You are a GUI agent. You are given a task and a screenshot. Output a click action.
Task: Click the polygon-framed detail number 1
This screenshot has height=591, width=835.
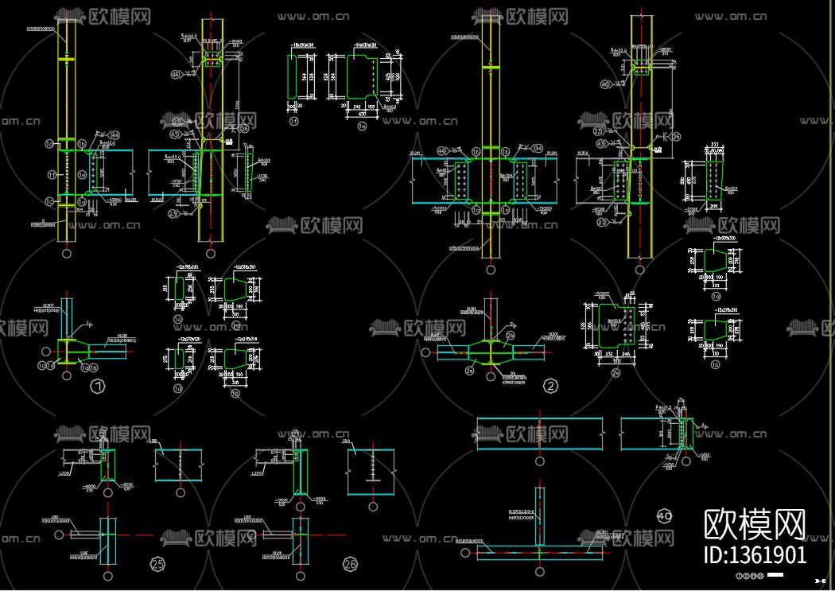tap(99, 387)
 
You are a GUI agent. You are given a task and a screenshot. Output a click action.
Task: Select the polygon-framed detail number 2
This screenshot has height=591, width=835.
tap(550, 387)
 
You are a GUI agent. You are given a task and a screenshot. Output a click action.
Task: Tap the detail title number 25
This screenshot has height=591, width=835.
tap(157, 565)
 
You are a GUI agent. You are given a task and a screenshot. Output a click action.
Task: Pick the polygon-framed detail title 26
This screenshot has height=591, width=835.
tap(350, 565)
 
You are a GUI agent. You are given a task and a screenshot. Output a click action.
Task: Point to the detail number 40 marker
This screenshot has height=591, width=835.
tap(665, 516)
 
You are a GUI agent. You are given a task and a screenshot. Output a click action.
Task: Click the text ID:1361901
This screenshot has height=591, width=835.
tap(755, 554)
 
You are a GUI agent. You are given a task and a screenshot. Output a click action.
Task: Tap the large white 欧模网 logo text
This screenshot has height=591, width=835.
tap(755, 524)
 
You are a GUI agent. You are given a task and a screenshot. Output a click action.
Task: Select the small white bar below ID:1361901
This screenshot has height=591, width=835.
tap(775, 574)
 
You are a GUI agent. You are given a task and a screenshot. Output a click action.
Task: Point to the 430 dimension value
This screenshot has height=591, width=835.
tap(363, 114)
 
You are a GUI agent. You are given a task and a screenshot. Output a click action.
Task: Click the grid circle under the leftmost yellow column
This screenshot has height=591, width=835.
tap(66, 254)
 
